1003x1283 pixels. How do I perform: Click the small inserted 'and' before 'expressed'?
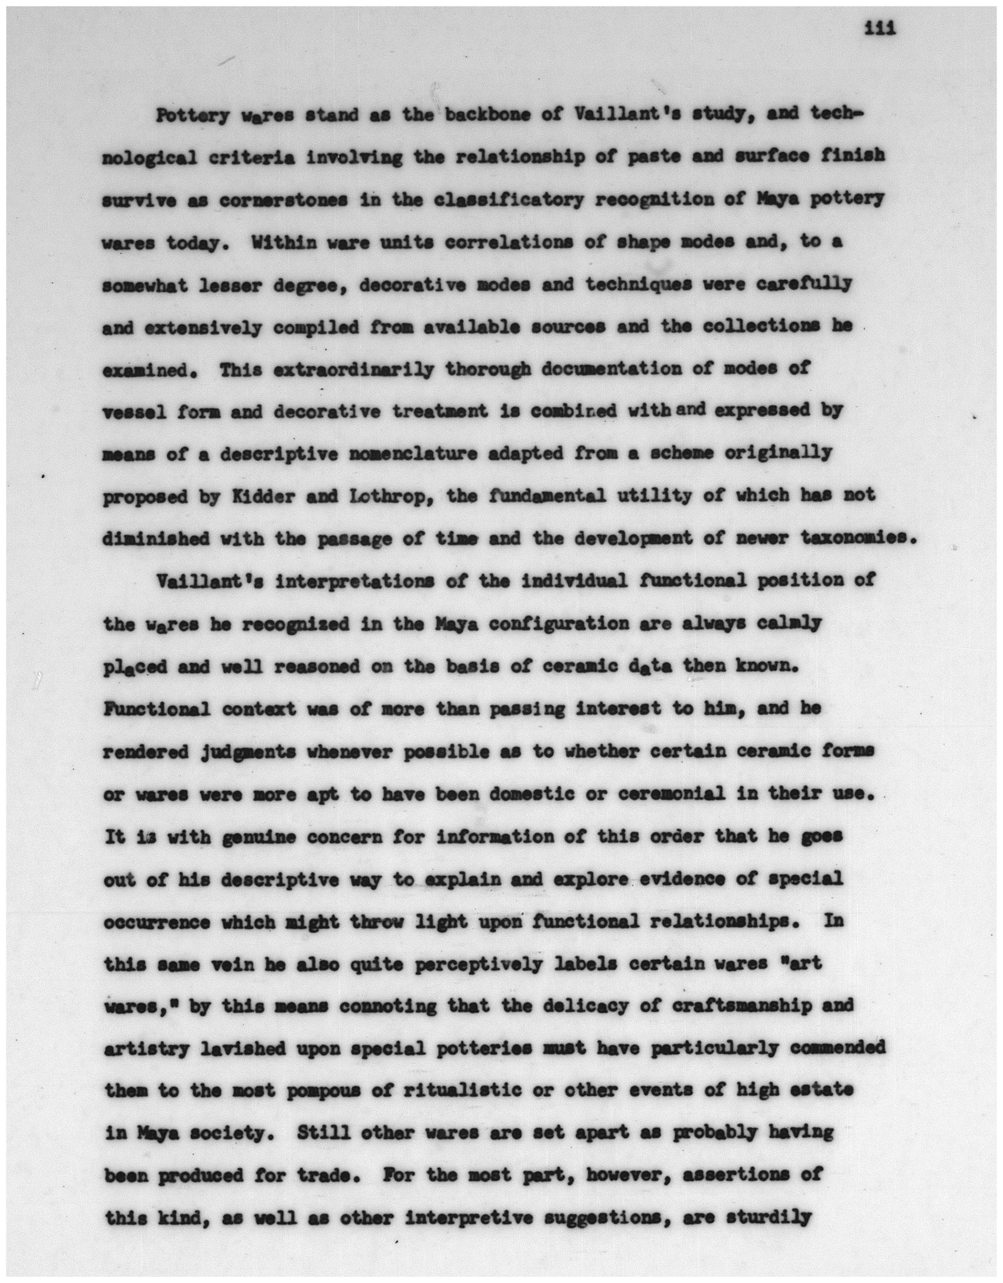click(x=691, y=409)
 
